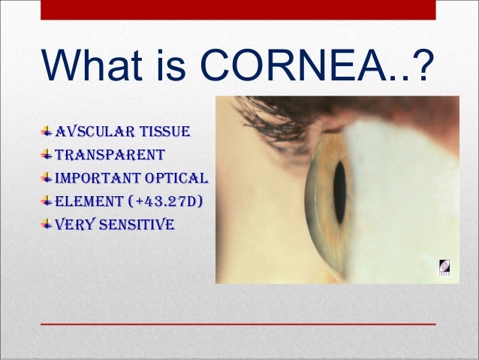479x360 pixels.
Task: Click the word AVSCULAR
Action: click(84, 134)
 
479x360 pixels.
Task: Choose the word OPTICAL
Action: click(177, 179)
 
